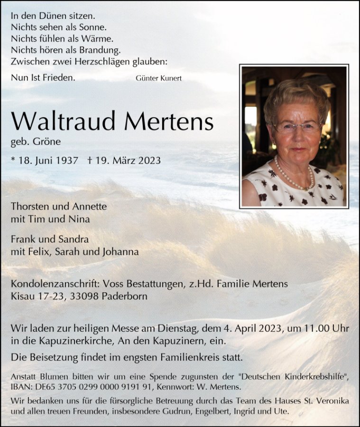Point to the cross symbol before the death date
90,160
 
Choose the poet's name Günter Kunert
158,78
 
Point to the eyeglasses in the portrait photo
296,127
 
